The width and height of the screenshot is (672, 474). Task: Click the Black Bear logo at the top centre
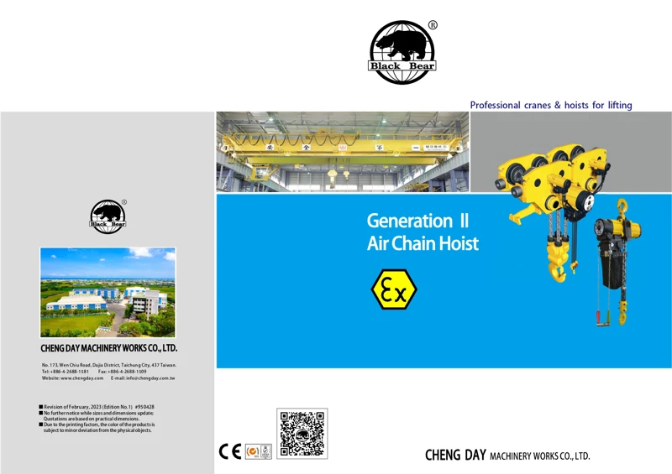click(402, 52)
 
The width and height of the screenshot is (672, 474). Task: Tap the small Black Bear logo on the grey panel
click(108, 216)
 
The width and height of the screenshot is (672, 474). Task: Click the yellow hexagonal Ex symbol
click(394, 289)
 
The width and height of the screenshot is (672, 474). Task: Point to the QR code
click(302, 433)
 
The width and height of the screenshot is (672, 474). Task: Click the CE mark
click(229, 451)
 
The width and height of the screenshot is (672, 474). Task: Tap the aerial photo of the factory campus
click(108, 292)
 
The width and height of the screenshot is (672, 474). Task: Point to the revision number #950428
click(144, 407)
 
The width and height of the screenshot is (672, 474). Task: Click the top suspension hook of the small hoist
click(622, 207)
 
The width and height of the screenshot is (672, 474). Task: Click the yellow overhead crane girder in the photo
click(336, 151)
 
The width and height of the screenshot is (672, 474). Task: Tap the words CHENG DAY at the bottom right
click(454, 456)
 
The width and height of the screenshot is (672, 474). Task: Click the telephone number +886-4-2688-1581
click(71, 372)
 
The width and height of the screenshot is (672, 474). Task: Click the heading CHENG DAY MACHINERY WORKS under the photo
click(108, 347)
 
